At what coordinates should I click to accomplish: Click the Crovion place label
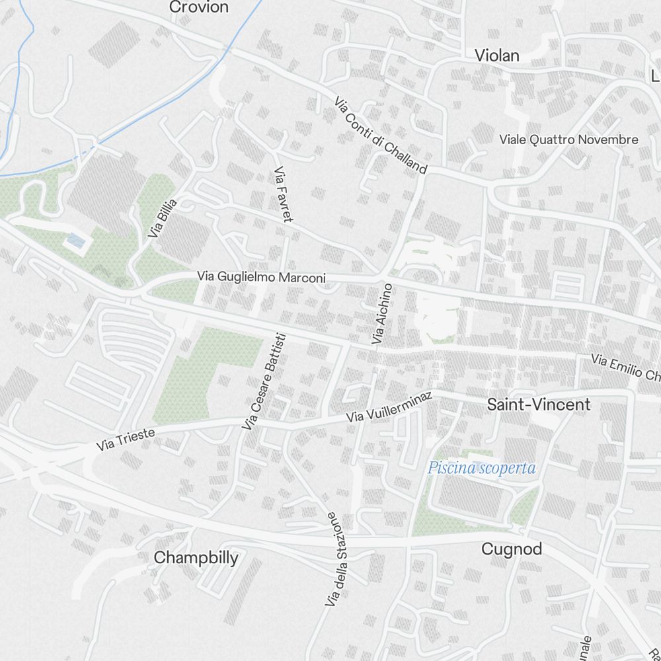click(199, 7)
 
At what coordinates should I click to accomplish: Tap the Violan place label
click(497, 56)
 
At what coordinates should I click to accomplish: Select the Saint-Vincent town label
click(539, 405)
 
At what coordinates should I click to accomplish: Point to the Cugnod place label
click(512, 549)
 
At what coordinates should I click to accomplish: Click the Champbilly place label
click(196, 558)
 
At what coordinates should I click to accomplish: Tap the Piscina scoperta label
click(481, 469)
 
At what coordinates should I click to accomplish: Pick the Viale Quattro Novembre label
click(568, 139)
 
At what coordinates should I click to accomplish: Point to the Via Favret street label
click(283, 194)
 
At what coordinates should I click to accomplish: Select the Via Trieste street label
click(126, 440)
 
